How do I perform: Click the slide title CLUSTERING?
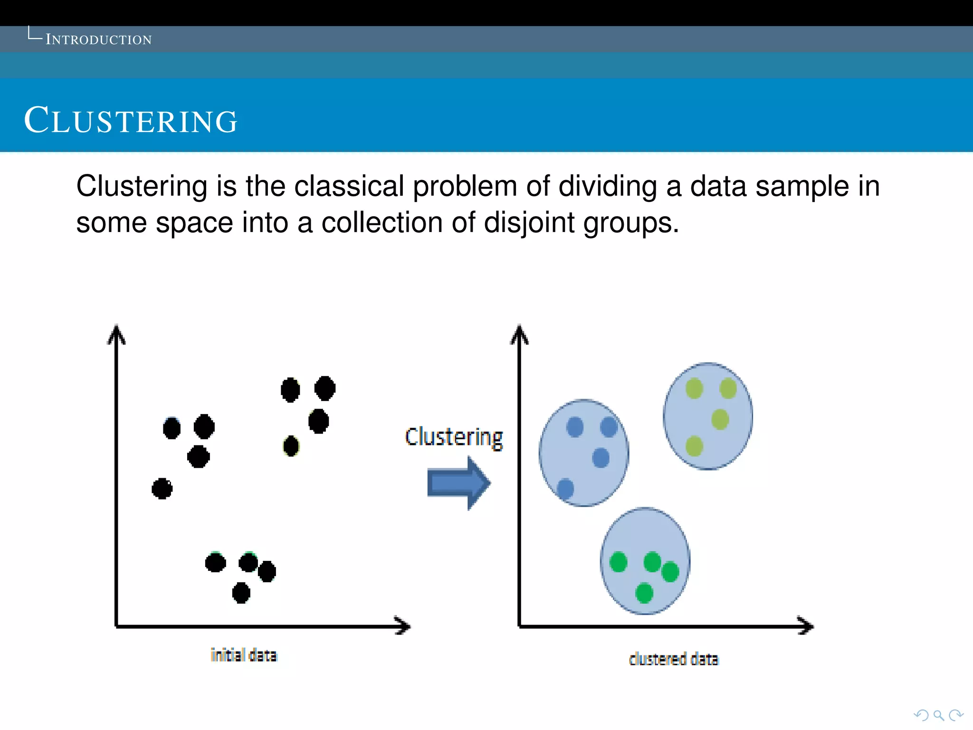[x=131, y=121]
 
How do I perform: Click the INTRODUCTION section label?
[x=98, y=39]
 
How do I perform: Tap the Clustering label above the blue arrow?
[x=454, y=437]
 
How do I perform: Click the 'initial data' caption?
[x=244, y=655]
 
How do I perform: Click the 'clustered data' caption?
[x=674, y=659]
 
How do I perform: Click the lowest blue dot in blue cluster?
[x=565, y=488]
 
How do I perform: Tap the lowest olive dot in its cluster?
[x=694, y=446]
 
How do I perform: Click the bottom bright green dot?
[x=644, y=593]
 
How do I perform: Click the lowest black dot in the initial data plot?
[x=241, y=593]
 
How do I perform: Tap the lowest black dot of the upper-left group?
[x=162, y=489]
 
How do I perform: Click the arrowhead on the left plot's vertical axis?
[x=116, y=334]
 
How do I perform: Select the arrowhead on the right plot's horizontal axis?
[x=806, y=626]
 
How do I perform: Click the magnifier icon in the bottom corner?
[x=938, y=715]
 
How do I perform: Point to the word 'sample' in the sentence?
[x=802, y=186]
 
